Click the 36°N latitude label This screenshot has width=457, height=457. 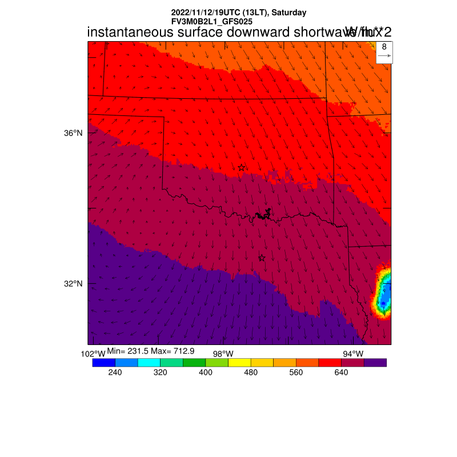pos(73,133)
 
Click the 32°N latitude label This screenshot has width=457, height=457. pos(73,283)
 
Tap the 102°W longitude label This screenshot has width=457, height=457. pos(93,354)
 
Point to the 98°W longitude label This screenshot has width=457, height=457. pos(223,354)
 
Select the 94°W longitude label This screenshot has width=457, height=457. pos(353,354)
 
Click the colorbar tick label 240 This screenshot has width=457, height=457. pos(115,372)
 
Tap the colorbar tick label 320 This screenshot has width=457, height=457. pos(160,372)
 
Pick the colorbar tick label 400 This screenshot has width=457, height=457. pos(206,372)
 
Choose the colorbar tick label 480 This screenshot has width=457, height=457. pos(251,372)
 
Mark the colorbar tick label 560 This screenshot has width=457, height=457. pos(296,372)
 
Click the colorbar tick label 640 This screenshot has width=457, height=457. pos(341,372)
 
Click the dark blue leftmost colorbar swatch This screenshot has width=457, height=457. pos(103,362)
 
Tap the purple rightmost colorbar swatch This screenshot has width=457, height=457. pos(375,362)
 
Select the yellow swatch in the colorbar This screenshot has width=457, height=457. pos(239,362)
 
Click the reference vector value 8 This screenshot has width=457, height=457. pos(384,47)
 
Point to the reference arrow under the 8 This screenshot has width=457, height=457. pos(384,56)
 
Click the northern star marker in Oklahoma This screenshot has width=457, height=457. pos(242,167)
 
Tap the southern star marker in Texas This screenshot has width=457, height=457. pos(262,258)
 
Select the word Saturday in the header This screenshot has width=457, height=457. pos(288,12)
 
